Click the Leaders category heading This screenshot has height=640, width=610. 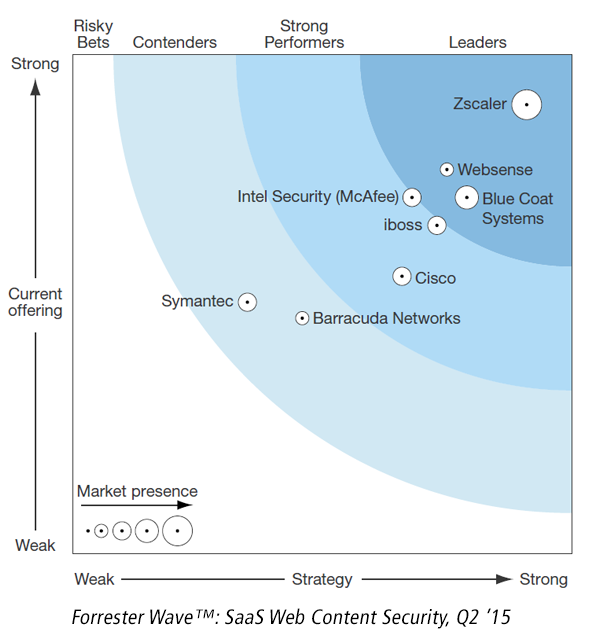tap(478, 42)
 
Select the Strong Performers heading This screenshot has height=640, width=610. tap(304, 34)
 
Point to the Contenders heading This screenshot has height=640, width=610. tap(175, 42)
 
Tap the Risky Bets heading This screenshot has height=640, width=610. tap(93, 34)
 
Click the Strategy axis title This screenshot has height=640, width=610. tap(322, 580)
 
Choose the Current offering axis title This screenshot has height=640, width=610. tap(35, 302)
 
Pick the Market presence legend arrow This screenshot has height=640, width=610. tap(136, 505)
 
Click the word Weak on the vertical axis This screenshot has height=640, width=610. tap(35, 545)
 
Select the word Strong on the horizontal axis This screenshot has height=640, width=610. tap(543, 580)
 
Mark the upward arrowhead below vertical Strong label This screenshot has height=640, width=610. tap(36, 87)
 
